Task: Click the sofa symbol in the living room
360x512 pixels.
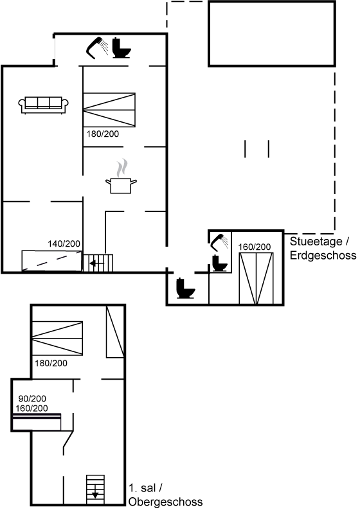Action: point(44,105)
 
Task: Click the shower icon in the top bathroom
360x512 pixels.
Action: point(97,48)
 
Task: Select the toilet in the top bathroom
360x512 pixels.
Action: point(122,48)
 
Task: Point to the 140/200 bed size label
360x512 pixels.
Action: point(64,243)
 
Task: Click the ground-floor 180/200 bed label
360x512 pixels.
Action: point(103,134)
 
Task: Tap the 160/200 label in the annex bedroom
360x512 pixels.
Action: point(255,247)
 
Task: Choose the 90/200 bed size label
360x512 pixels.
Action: point(32,398)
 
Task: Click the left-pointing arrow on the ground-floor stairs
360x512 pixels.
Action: point(96,263)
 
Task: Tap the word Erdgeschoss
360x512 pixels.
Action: point(323,255)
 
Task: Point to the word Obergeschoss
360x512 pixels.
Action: point(166,502)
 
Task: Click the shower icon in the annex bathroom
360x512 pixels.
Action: point(219,242)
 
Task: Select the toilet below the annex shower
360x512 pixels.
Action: point(219,263)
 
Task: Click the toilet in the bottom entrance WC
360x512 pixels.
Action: point(186,288)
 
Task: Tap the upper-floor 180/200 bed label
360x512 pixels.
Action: point(51,363)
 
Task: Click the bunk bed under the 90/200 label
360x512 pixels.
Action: point(37,422)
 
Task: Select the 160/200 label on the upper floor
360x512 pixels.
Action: point(32,408)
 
